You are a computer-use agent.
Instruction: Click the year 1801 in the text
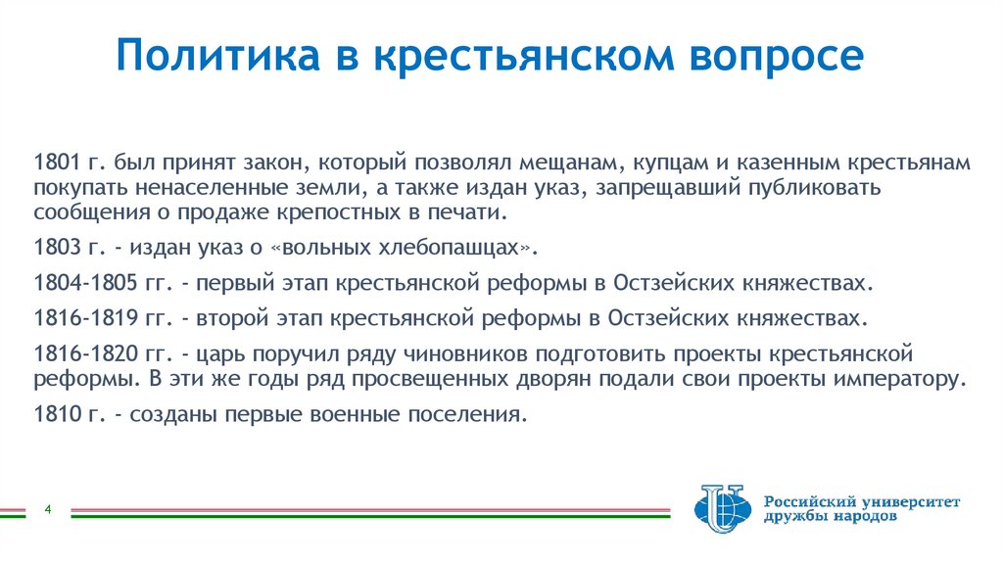coord(54,163)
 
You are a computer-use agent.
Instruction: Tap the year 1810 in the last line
coord(54,414)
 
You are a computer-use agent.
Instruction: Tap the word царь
coord(231,353)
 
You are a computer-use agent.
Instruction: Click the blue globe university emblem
coord(720,509)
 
